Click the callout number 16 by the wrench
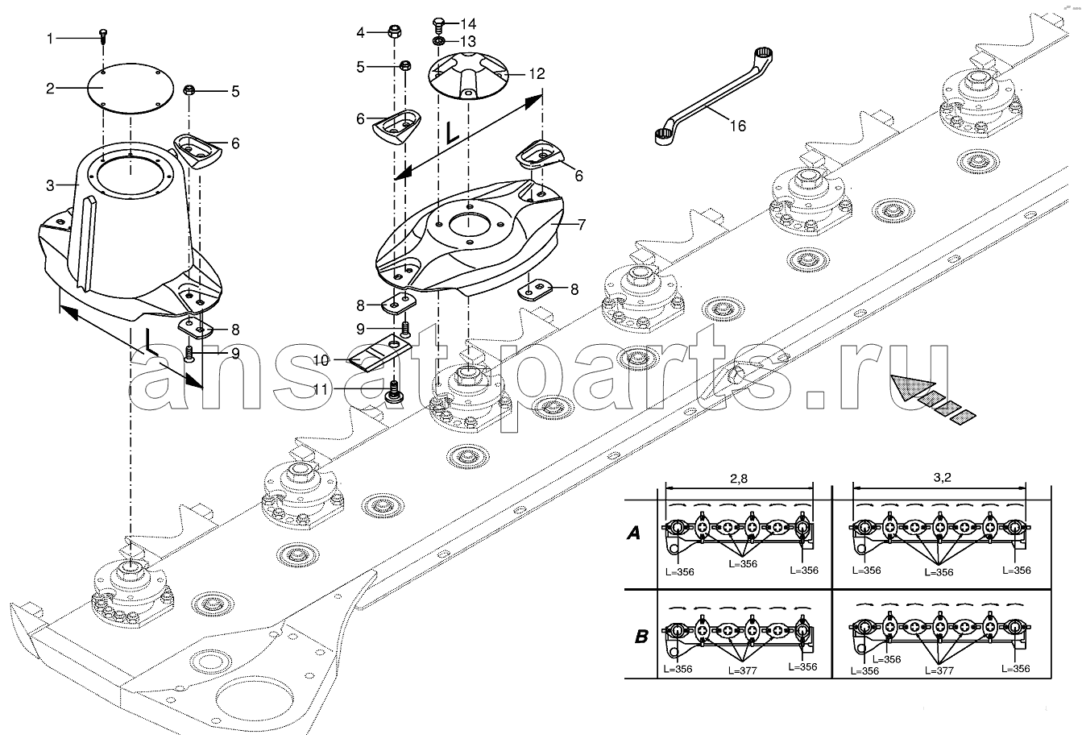[x=738, y=126]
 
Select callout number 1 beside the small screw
[x=50, y=38]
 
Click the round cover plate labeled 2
[x=131, y=88]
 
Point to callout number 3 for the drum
[x=50, y=185]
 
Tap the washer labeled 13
[x=439, y=42]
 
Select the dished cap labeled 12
[x=469, y=77]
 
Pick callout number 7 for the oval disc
[x=581, y=225]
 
